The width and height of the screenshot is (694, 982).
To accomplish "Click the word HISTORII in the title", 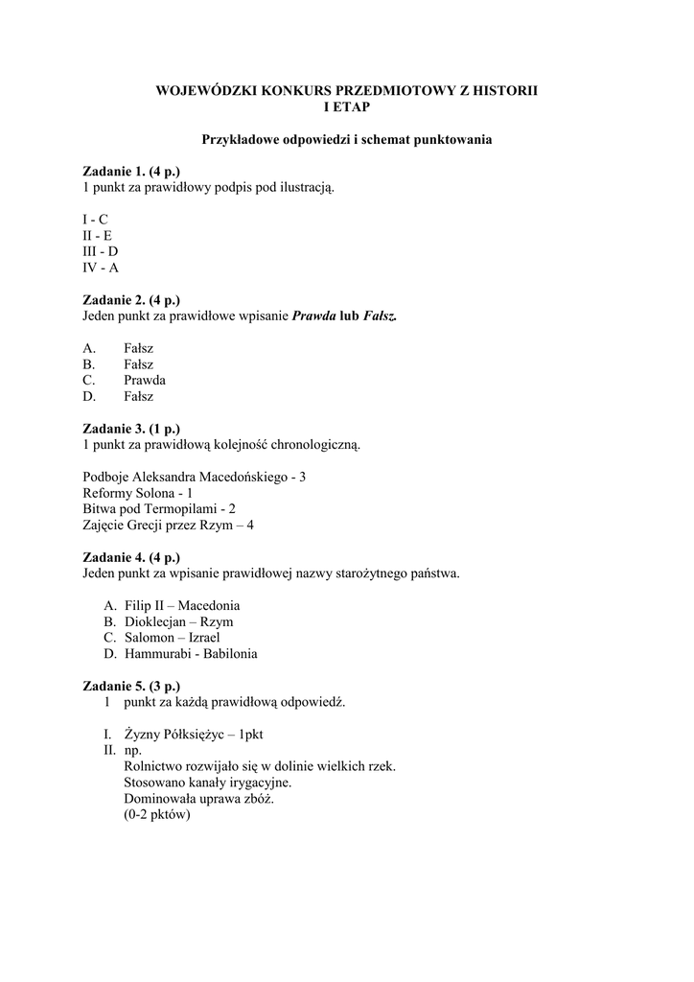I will click(x=504, y=89).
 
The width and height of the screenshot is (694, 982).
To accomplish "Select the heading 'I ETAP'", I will click(x=346, y=106).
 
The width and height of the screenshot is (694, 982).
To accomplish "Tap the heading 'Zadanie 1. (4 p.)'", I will click(x=131, y=171).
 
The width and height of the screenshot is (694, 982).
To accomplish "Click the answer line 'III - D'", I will click(x=101, y=251).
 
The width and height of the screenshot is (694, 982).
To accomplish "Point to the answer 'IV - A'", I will click(x=101, y=268).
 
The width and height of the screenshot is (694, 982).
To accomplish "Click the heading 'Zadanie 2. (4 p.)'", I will click(x=131, y=300).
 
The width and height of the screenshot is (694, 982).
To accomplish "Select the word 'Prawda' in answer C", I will click(x=145, y=380).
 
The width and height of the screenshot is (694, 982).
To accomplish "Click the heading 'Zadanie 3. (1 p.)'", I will click(x=131, y=429).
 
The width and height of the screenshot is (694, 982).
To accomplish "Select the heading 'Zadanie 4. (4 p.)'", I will click(x=131, y=557).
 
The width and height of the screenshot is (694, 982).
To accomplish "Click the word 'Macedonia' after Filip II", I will click(x=209, y=606).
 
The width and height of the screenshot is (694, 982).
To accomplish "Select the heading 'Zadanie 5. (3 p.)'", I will click(x=131, y=687).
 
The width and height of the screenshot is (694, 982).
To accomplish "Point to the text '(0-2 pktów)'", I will click(x=157, y=815).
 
